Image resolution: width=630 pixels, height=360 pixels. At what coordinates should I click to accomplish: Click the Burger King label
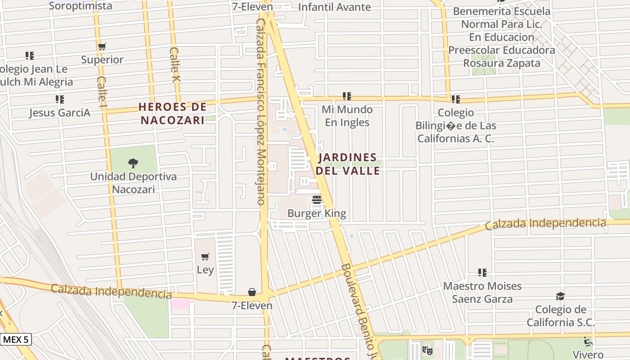pos(317,213)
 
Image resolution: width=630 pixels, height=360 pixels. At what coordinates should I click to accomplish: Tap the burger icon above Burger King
pos(317,200)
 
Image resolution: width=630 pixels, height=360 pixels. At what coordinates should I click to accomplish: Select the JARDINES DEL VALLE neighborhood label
pos(347,164)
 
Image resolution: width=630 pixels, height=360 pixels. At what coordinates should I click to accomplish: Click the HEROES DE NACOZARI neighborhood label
pos(173,113)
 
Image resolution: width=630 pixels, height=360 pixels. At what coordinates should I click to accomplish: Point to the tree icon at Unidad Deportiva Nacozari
pos(133,163)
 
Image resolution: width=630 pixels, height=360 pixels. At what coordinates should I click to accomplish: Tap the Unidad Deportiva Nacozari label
pos(133,183)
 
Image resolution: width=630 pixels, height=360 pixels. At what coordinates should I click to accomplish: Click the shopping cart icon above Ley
pos(205,257)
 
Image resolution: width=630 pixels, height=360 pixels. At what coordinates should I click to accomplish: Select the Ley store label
pos(205,270)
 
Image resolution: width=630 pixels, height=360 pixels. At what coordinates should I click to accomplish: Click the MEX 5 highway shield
pos(16,339)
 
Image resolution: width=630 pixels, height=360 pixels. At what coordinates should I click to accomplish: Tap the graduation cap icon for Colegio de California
pos(560,296)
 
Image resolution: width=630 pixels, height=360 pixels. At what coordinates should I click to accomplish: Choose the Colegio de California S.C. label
pos(561,316)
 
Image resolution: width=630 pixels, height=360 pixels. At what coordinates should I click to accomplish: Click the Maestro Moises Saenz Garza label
pos(482,292)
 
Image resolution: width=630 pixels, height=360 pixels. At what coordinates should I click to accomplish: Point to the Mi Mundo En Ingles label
pos(347,116)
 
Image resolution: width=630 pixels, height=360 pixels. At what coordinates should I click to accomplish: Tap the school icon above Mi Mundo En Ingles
pos(346,96)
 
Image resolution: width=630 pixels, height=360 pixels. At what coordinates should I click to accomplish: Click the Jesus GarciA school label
pos(60,112)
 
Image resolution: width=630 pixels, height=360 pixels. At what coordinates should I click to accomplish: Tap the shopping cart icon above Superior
pos(102,46)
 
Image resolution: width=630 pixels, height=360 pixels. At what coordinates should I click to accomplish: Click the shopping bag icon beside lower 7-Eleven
pos(252,292)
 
